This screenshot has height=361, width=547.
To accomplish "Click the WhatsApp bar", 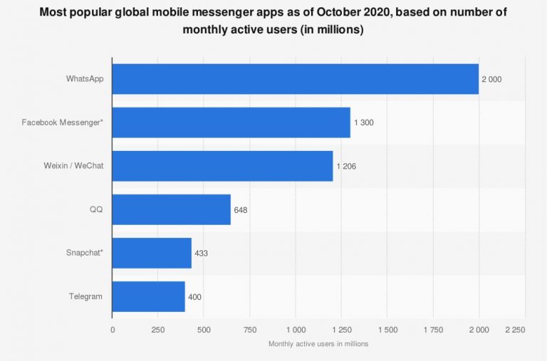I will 295,79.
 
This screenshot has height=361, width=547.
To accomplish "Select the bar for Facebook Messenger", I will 231,122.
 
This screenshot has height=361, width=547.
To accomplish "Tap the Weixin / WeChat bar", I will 222,166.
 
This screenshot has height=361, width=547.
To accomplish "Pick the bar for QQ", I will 171,209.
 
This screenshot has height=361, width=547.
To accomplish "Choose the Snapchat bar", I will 152,253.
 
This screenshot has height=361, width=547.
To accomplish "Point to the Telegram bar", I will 148,296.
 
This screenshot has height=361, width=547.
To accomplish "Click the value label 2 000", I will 491,79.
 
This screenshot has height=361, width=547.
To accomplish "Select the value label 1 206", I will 345,166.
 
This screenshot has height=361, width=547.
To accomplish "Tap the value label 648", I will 241,209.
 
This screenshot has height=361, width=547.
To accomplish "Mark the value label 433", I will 201,253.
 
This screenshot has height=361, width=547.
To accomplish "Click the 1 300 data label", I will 363,122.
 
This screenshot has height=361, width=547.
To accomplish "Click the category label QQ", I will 95,209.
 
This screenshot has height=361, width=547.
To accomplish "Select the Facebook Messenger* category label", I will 63,122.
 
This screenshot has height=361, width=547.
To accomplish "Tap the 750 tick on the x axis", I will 250,330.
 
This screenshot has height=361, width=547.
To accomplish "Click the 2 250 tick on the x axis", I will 524,330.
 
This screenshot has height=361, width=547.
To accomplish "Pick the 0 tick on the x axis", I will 113,330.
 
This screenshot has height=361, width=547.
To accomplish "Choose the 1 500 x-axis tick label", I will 387,330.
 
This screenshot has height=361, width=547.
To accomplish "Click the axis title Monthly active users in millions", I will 318,344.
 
